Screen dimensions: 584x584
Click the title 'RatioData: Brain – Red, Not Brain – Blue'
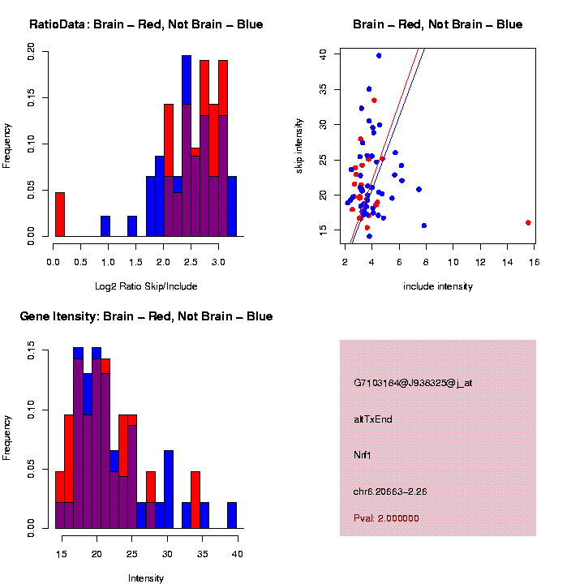146,24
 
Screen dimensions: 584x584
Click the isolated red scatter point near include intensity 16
528,222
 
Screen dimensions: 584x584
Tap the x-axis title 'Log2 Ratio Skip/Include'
146,286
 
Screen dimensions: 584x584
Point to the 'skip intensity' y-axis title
299,144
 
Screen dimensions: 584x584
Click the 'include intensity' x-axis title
438,286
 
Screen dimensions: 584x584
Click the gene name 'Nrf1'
362,455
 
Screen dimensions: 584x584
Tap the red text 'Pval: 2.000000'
386,518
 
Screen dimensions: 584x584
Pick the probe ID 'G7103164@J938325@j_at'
413,383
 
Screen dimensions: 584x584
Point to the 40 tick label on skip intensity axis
323,54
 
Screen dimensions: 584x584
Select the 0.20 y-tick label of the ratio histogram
32,51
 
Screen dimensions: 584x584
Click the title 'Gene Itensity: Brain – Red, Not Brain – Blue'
146,316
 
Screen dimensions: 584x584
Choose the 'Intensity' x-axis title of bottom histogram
146,578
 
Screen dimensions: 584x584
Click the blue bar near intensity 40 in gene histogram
232,515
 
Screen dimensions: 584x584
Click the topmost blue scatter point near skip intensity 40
379,56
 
